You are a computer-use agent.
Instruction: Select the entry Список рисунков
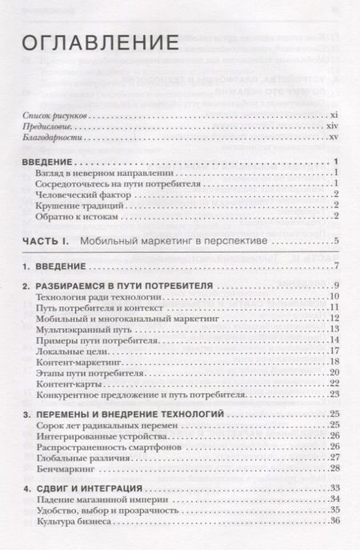pyautogui.click(x=55, y=115)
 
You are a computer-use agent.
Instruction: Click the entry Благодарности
pyautogui.click(x=54, y=138)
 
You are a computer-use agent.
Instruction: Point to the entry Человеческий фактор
pyautogui.click(x=83, y=194)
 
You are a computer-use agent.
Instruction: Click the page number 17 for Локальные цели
pyautogui.click(x=336, y=350)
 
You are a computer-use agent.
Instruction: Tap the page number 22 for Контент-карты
pyautogui.click(x=336, y=382)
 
